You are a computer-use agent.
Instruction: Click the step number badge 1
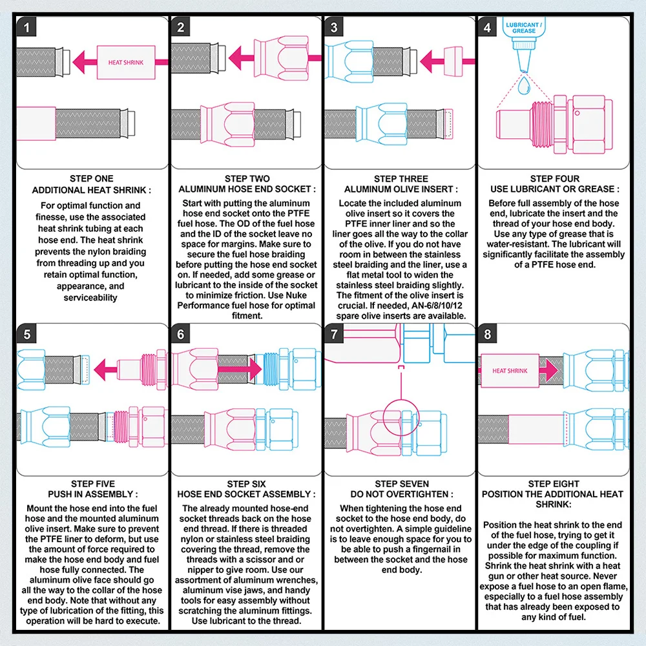[x=26, y=27]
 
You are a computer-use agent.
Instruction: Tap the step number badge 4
[x=487, y=27]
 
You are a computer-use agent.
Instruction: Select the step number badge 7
[x=334, y=334]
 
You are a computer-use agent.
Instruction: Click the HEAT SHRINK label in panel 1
[x=126, y=63]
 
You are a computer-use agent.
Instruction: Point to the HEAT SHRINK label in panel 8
[x=510, y=371]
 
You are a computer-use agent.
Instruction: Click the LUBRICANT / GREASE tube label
[x=524, y=28]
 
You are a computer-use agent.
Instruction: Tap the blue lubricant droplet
[x=524, y=85]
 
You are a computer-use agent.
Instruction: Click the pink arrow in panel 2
[x=275, y=57]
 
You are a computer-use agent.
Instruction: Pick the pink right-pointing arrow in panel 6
[x=240, y=369]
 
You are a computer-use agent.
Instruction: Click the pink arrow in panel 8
[x=548, y=370]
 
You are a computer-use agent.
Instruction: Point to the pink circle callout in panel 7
[x=401, y=417]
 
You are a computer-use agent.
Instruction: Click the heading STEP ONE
[x=92, y=179]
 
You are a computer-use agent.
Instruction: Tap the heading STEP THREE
[x=401, y=179]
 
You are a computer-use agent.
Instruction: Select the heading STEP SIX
[x=246, y=484]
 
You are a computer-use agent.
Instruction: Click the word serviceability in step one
[x=90, y=297]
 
